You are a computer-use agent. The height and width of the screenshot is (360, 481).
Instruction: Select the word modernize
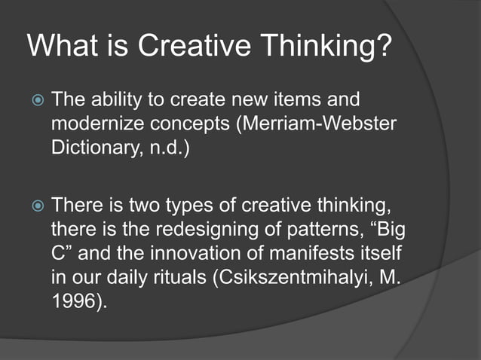(92, 123)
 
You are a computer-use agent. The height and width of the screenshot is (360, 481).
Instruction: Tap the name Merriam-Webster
(339, 123)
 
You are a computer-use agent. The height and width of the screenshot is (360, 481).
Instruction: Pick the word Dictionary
(89, 146)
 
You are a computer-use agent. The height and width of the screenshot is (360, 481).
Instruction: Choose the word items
(302, 99)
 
